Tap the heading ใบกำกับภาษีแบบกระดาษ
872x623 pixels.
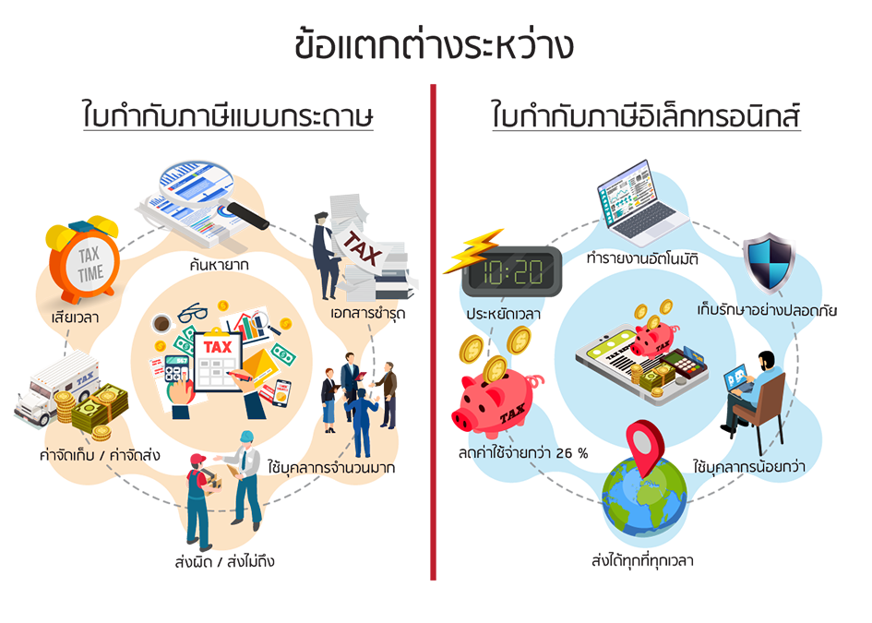(227, 117)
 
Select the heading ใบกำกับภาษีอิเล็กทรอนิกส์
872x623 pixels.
(645, 117)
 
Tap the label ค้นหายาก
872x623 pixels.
(220, 266)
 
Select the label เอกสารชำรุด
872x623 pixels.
(366, 314)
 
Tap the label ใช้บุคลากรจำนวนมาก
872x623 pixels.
(330, 468)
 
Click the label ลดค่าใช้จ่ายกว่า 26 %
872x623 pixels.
(522, 453)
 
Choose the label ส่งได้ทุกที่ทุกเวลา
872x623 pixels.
(642, 560)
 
